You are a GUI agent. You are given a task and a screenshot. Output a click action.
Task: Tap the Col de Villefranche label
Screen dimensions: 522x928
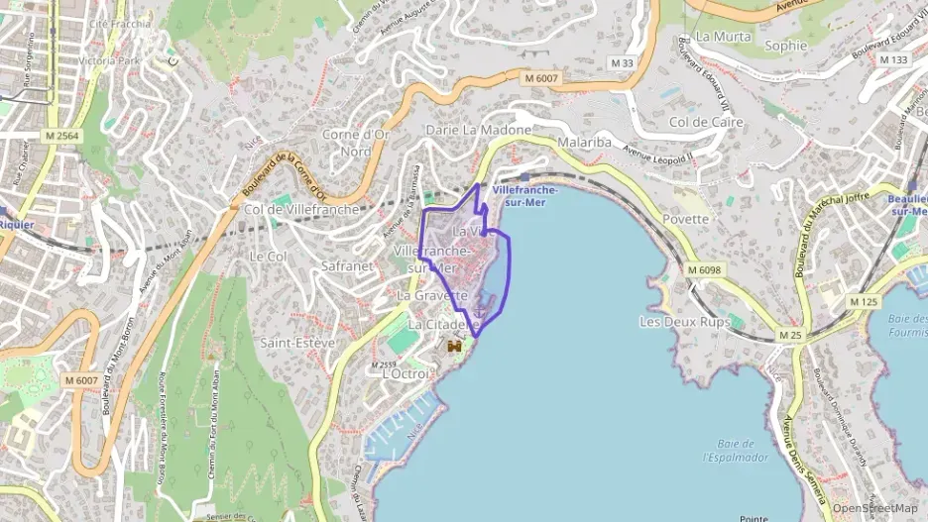pyautogui.click(x=301, y=210)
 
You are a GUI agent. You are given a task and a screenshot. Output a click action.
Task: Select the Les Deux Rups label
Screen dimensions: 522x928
pyautogui.click(x=684, y=322)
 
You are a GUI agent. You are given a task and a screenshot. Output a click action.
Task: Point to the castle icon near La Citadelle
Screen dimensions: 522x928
pyautogui.click(x=455, y=348)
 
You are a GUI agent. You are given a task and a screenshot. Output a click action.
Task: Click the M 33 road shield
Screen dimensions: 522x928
pyautogui.click(x=623, y=63)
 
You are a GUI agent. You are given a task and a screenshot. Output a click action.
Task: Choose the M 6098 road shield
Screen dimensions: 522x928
pyautogui.click(x=703, y=268)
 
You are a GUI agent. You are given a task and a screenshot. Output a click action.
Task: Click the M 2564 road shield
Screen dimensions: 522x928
pyautogui.click(x=61, y=135)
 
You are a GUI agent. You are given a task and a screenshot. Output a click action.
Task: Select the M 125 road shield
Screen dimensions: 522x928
pyautogui.click(x=863, y=300)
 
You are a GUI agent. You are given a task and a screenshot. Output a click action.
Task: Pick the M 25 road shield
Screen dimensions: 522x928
pyautogui.click(x=790, y=335)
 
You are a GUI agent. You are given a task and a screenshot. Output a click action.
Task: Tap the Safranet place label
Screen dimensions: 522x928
pyautogui.click(x=347, y=266)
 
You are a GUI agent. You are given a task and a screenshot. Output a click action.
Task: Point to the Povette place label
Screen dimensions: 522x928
pyautogui.click(x=686, y=219)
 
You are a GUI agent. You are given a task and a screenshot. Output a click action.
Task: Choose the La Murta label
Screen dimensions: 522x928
pyautogui.click(x=719, y=36)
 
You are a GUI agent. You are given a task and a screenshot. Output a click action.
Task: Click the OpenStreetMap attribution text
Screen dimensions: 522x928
pyautogui.click(x=874, y=508)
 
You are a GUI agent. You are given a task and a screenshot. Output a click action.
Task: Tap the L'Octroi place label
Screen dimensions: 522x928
pyautogui.click(x=406, y=373)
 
